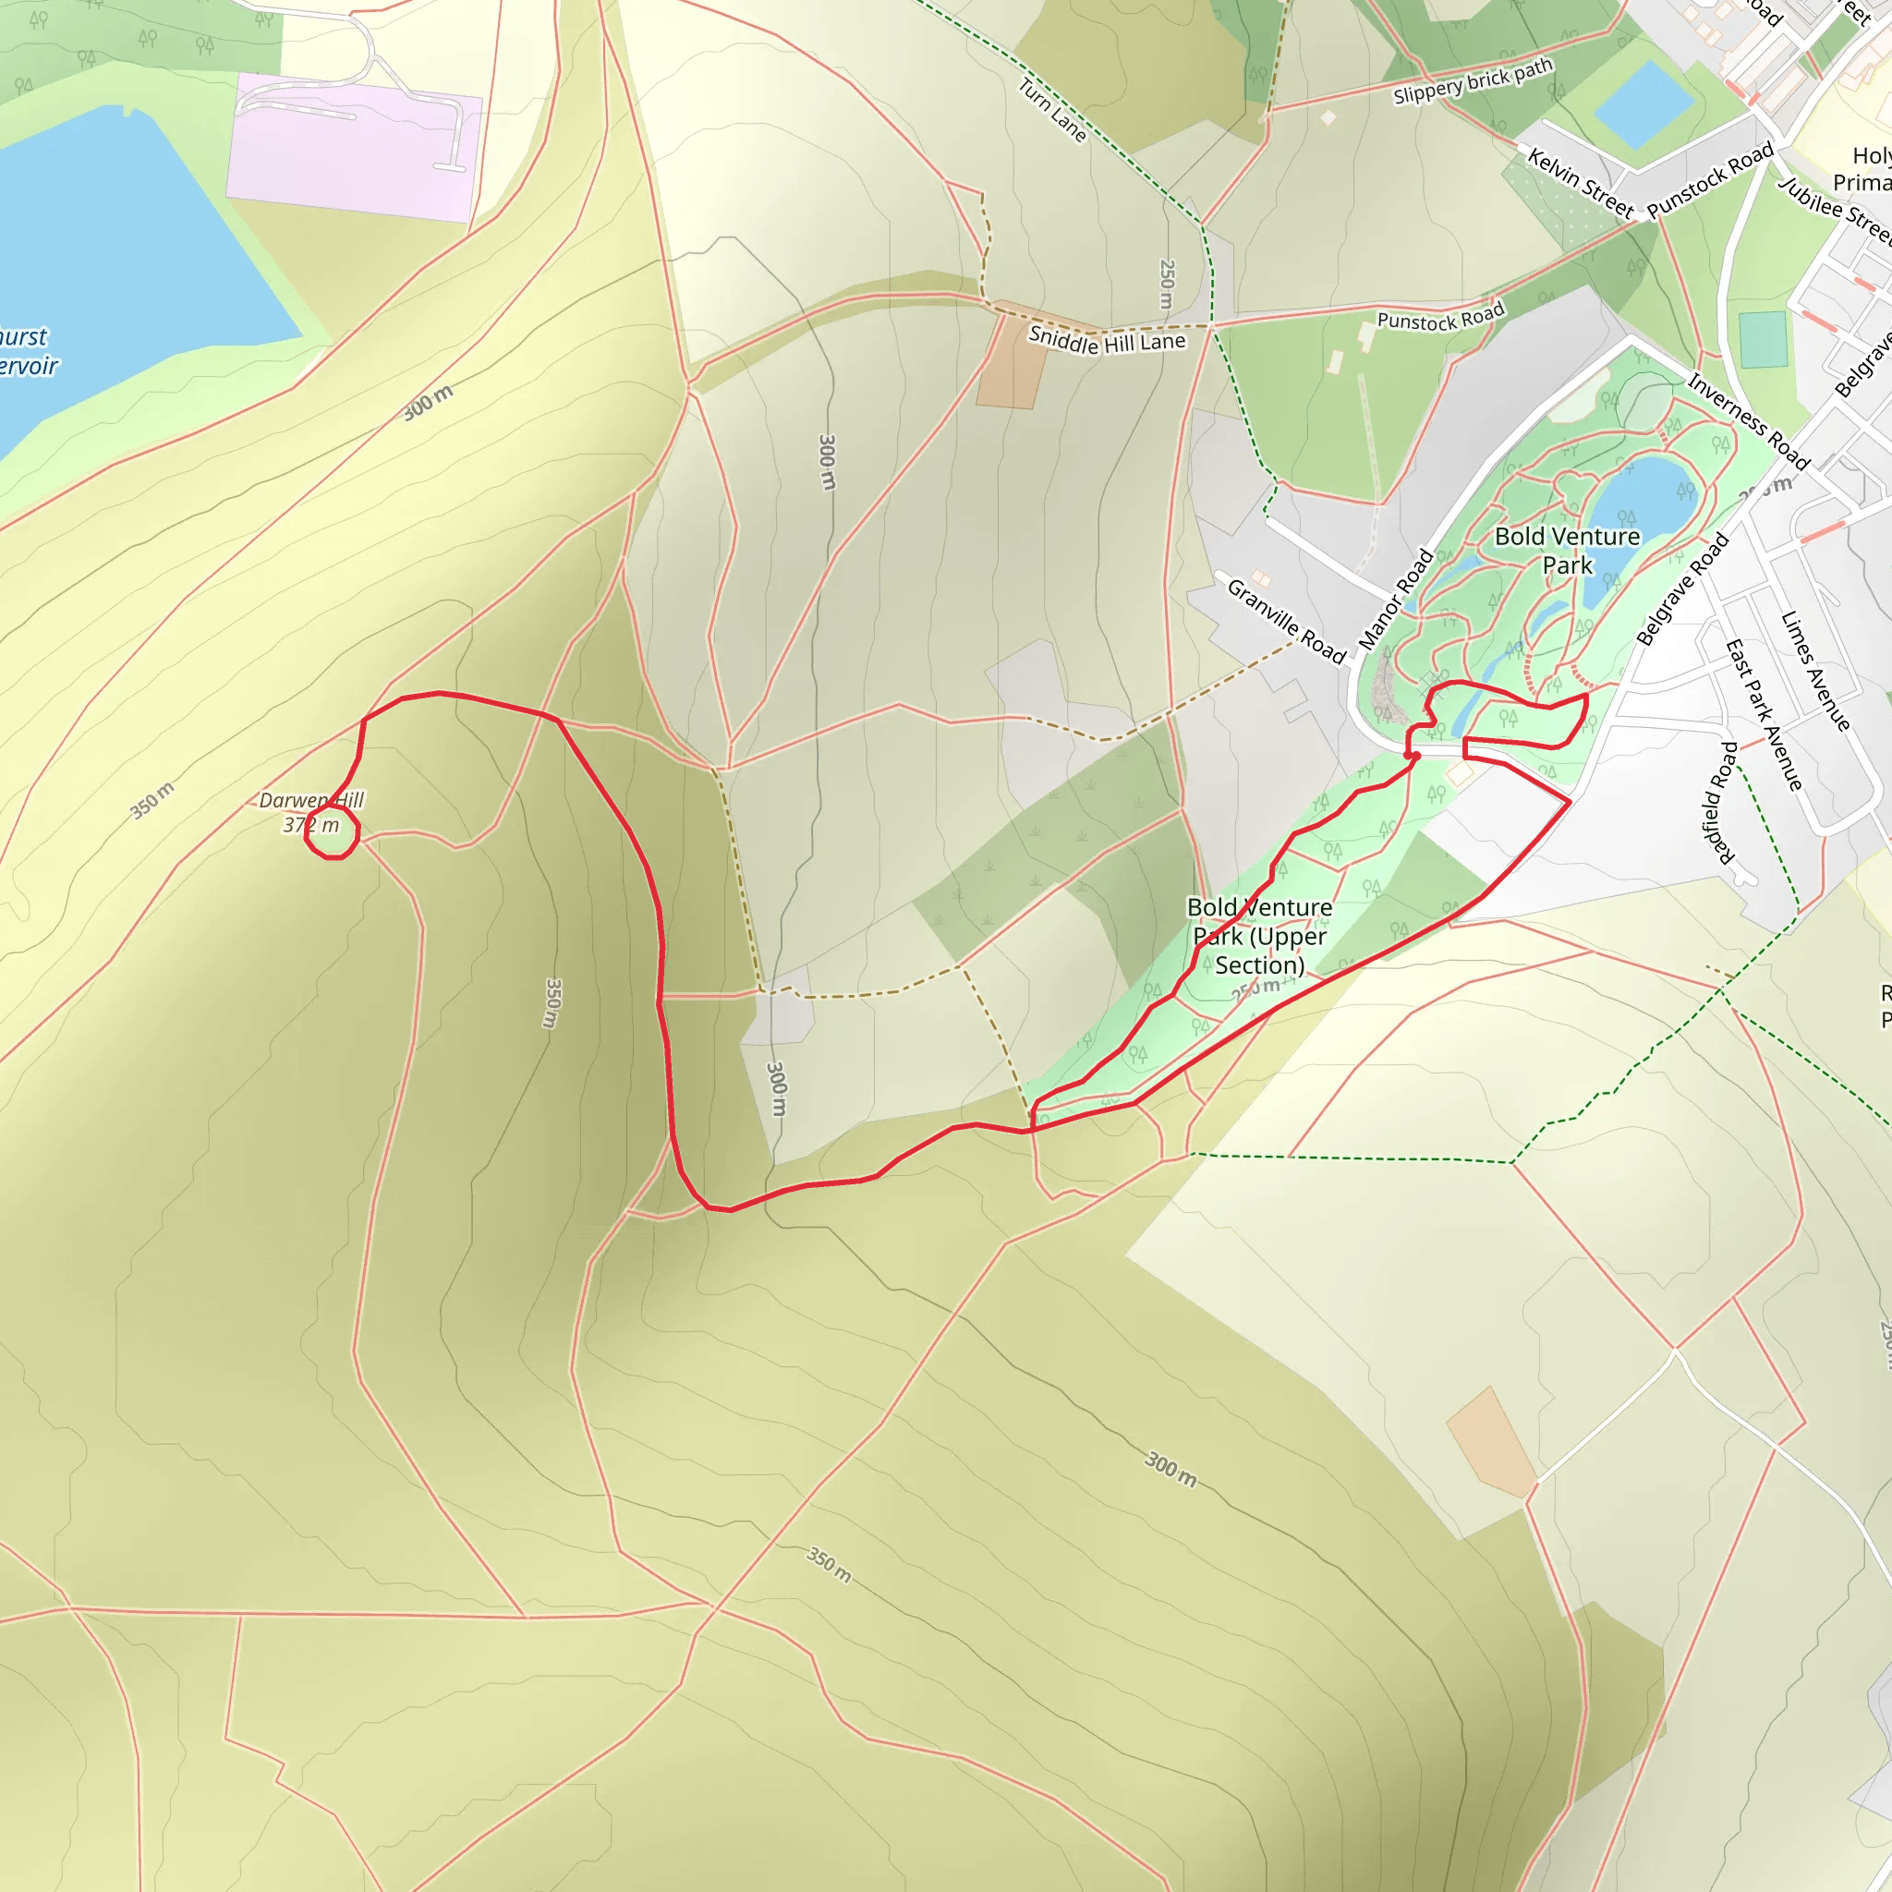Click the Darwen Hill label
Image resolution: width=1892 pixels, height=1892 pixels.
pyautogui.click(x=310, y=800)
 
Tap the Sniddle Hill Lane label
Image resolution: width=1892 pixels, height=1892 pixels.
pyautogui.click(x=1107, y=341)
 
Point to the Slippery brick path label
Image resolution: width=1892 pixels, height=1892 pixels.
pyautogui.click(x=1473, y=81)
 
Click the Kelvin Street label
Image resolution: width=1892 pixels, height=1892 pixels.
pyautogui.click(x=1582, y=183)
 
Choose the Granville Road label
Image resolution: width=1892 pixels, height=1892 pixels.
pyautogui.click(x=1286, y=621)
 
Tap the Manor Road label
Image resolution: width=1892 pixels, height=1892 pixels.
pyautogui.click(x=1396, y=600)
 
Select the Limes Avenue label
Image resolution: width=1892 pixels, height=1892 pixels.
pyautogui.click(x=1814, y=671)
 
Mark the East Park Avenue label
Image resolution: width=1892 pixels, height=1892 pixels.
pyautogui.click(x=1763, y=715)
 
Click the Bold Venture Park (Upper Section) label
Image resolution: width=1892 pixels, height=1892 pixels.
pyautogui.click(x=1259, y=936)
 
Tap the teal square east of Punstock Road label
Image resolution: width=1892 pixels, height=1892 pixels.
pyautogui.click(x=1763, y=340)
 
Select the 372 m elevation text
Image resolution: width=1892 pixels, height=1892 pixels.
pyautogui.click(x=310, y=826)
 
